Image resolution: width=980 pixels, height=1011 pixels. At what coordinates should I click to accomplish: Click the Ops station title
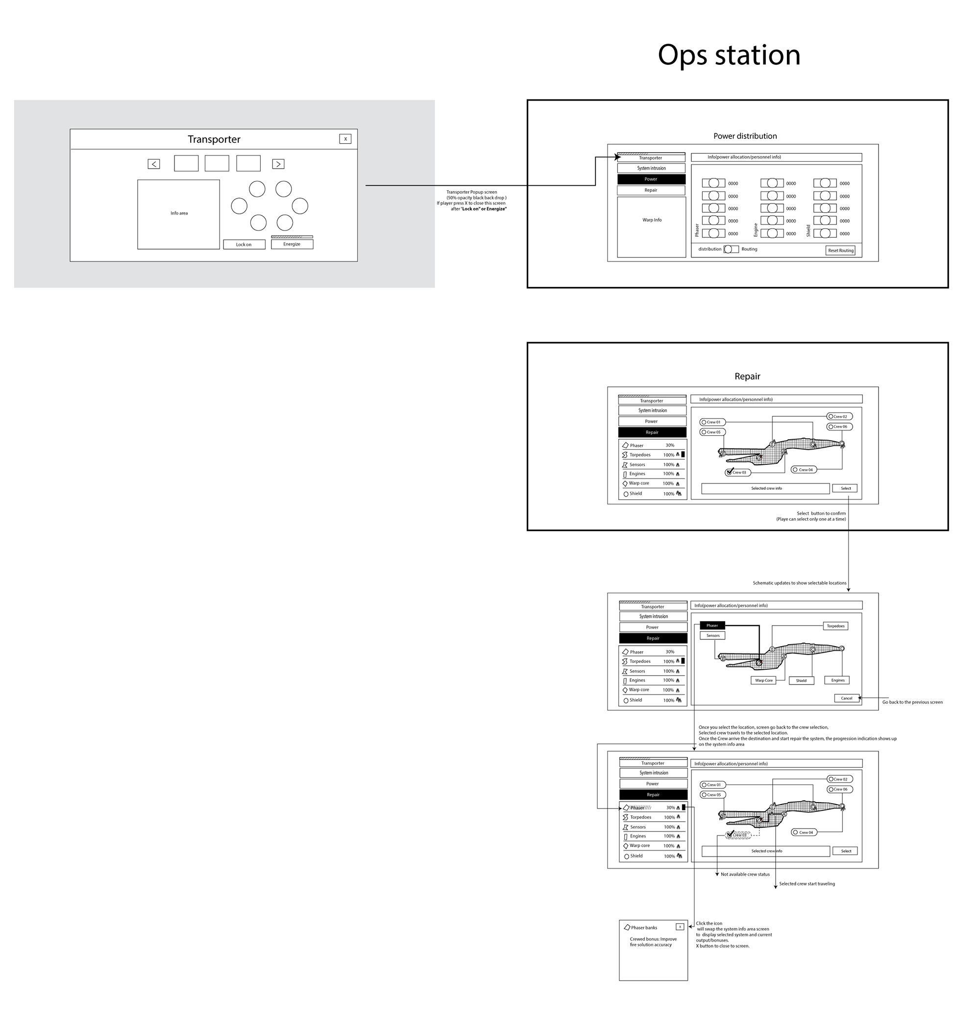tap(729, 55)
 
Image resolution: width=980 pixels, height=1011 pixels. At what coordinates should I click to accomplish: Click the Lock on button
tap(244, 245)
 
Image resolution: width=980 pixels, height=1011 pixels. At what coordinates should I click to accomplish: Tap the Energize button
tap(292, 244)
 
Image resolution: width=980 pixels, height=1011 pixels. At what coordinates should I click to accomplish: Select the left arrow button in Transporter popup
tap(154, 164)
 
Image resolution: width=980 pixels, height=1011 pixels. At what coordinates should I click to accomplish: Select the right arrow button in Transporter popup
tap(278, 164)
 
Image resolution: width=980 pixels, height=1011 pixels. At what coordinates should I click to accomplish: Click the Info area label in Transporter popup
tap(179, 213)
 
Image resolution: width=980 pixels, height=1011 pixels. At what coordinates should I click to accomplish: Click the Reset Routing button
tap(840, 251)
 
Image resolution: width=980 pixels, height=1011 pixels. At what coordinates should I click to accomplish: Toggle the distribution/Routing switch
tap(731, 249)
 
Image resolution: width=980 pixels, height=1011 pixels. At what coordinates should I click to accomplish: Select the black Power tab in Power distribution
tap(651, 179)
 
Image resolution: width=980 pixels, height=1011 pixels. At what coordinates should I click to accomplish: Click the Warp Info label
tap(652, 220)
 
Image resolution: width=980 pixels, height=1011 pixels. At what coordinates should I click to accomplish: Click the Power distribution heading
tap(744, 136)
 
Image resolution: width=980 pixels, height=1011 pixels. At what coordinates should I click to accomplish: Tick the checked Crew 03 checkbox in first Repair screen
tap(729, 472)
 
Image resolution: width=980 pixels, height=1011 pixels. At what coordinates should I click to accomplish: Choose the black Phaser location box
tap(712, 625)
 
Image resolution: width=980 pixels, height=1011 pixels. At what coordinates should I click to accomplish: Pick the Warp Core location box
tap(763, 681)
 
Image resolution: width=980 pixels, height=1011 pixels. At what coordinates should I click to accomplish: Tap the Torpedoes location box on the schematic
tap(835, 626)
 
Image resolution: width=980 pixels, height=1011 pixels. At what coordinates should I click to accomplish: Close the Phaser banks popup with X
tap(680, 926)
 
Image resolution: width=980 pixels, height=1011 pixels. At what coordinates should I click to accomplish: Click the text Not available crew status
tap(745, 874)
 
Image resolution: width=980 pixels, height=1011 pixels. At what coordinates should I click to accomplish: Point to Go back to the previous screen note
tap(912, 702)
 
